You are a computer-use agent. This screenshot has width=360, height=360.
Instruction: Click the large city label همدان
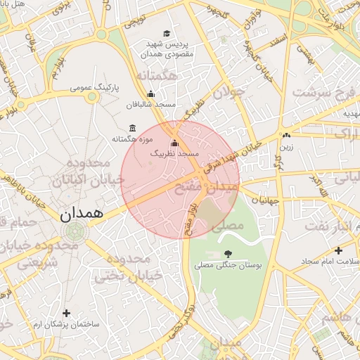point(78,211)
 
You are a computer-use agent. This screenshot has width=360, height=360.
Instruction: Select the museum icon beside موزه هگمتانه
point(133,128)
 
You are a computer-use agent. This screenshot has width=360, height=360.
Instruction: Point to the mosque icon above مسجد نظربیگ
point(175,143)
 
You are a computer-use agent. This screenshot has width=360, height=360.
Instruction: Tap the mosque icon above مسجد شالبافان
point(150,94)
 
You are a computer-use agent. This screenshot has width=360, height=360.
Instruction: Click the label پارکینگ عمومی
point(96,88)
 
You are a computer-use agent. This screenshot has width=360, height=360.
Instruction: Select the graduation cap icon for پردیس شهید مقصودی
point(167,33)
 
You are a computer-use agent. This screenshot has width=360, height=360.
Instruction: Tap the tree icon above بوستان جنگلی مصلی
point(227,254)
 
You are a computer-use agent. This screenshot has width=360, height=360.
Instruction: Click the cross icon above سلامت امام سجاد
point(339,250)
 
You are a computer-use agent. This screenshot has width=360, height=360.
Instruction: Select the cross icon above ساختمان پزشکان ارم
point(67,313)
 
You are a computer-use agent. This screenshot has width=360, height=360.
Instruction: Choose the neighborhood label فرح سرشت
point(326,91)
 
